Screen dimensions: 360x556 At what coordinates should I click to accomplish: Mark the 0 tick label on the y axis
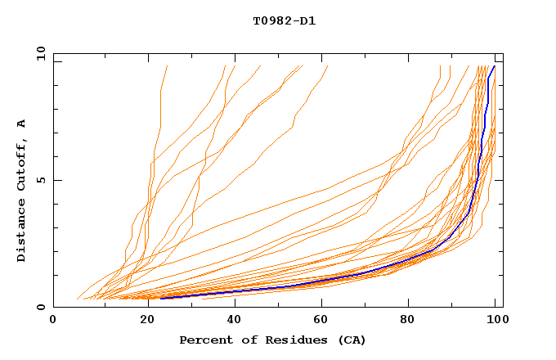click(41, 308)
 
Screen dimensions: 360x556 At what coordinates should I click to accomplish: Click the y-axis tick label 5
click(41, 180)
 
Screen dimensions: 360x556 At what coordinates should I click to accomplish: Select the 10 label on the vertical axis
click(38, 53)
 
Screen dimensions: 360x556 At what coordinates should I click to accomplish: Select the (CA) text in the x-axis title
click(352, 340)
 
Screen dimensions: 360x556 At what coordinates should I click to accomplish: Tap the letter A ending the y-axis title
click(21, 123)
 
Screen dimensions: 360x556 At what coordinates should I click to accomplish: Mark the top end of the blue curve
click(494, 66)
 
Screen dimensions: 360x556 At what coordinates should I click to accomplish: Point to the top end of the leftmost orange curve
click(168, 65)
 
